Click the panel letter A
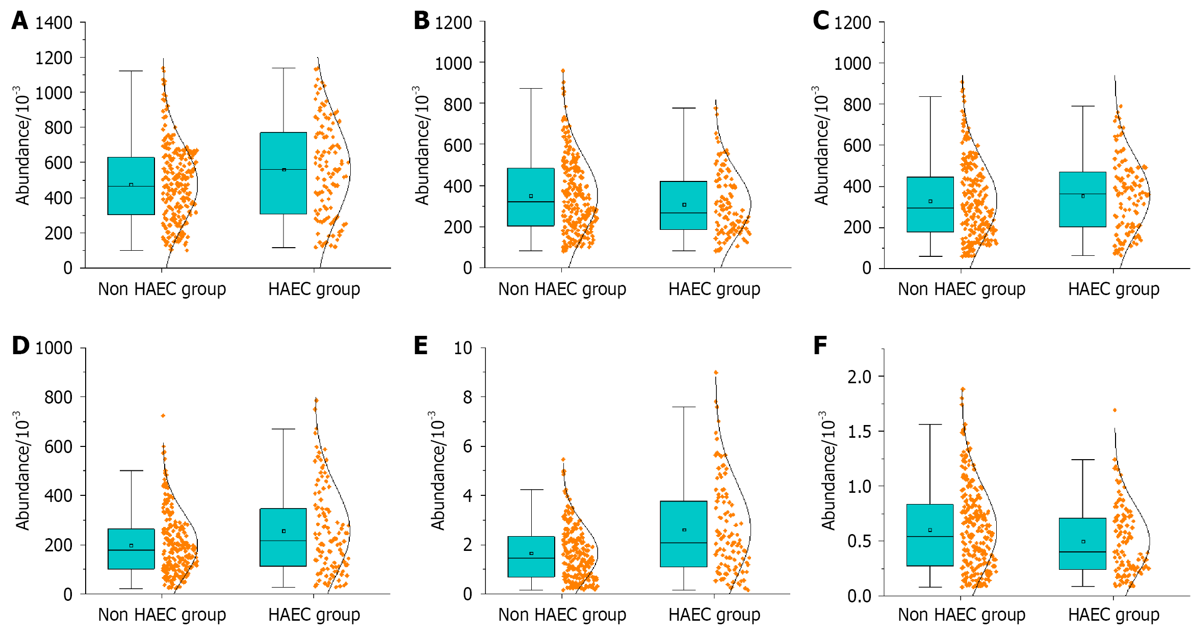(x=19, y=21)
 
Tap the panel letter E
(x=421, y=346)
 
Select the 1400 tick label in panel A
(x=54, y=23)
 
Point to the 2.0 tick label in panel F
(x=859, y=377)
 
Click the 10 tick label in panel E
(x=463, y=349)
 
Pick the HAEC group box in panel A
(x=283, y=173)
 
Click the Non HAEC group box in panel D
(x=131, y=549)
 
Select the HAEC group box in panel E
(x=683, y=534)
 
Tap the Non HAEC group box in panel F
(x=930, y=535)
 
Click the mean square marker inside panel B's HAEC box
(x=684, y=205)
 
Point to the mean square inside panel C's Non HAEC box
(x=930, y=201)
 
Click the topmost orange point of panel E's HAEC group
(x=716, y=373)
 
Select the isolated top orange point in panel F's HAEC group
(x=1115, y=410)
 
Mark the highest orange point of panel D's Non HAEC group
(x=163, y=416)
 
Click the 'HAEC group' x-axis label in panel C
(x=1114, y=289)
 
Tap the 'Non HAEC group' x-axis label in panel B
(x=562, y=289)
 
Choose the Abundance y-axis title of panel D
(x=22, y=471)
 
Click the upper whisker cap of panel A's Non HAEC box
(x=131, y=71)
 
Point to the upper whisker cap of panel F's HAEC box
(x=1083, y=460)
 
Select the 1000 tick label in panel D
(x=54, y=349)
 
